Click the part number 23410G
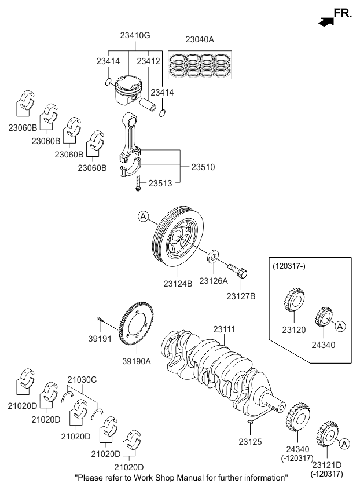135,35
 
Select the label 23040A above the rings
200,39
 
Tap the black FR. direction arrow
326,21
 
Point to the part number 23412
148,60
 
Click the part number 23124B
178,284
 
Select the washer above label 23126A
213,255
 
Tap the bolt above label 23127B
237,269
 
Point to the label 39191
99,338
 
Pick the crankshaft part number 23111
225,329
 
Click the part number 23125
250,441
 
